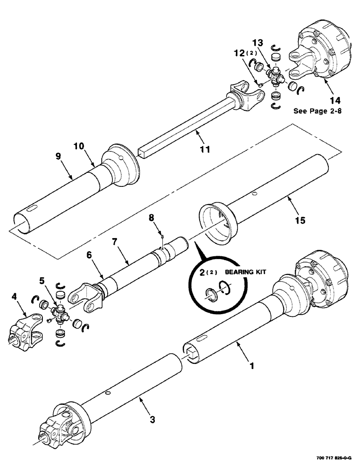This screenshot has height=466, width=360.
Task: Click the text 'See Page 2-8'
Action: [x=315, y=111]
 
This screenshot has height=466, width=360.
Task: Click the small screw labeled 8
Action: [x=160, y=237]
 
